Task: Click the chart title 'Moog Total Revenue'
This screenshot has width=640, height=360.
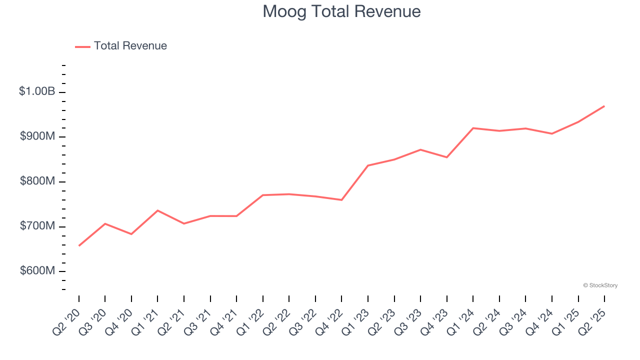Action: (341, 11)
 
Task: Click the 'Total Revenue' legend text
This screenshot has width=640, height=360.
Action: (130, 46)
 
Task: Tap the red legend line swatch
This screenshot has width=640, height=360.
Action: (82, 46)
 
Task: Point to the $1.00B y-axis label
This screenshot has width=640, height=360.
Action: (37, 91)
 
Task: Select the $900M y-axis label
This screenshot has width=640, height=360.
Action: (37, 136)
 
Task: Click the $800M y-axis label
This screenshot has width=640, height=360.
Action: (37, 181)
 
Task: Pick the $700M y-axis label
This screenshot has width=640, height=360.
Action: (37, 226)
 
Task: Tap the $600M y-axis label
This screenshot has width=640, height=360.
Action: (37, 270)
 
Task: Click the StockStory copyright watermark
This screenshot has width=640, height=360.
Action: (600, 285)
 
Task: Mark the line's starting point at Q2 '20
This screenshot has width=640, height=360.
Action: (79, 245)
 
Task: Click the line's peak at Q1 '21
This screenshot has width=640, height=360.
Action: (157, 210)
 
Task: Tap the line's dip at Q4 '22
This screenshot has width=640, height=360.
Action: (341, 200)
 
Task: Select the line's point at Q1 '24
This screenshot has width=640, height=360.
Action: (473, 128)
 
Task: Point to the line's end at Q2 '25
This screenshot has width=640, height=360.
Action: (604, 106)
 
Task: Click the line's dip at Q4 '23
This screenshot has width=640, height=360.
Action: (446, 157)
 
